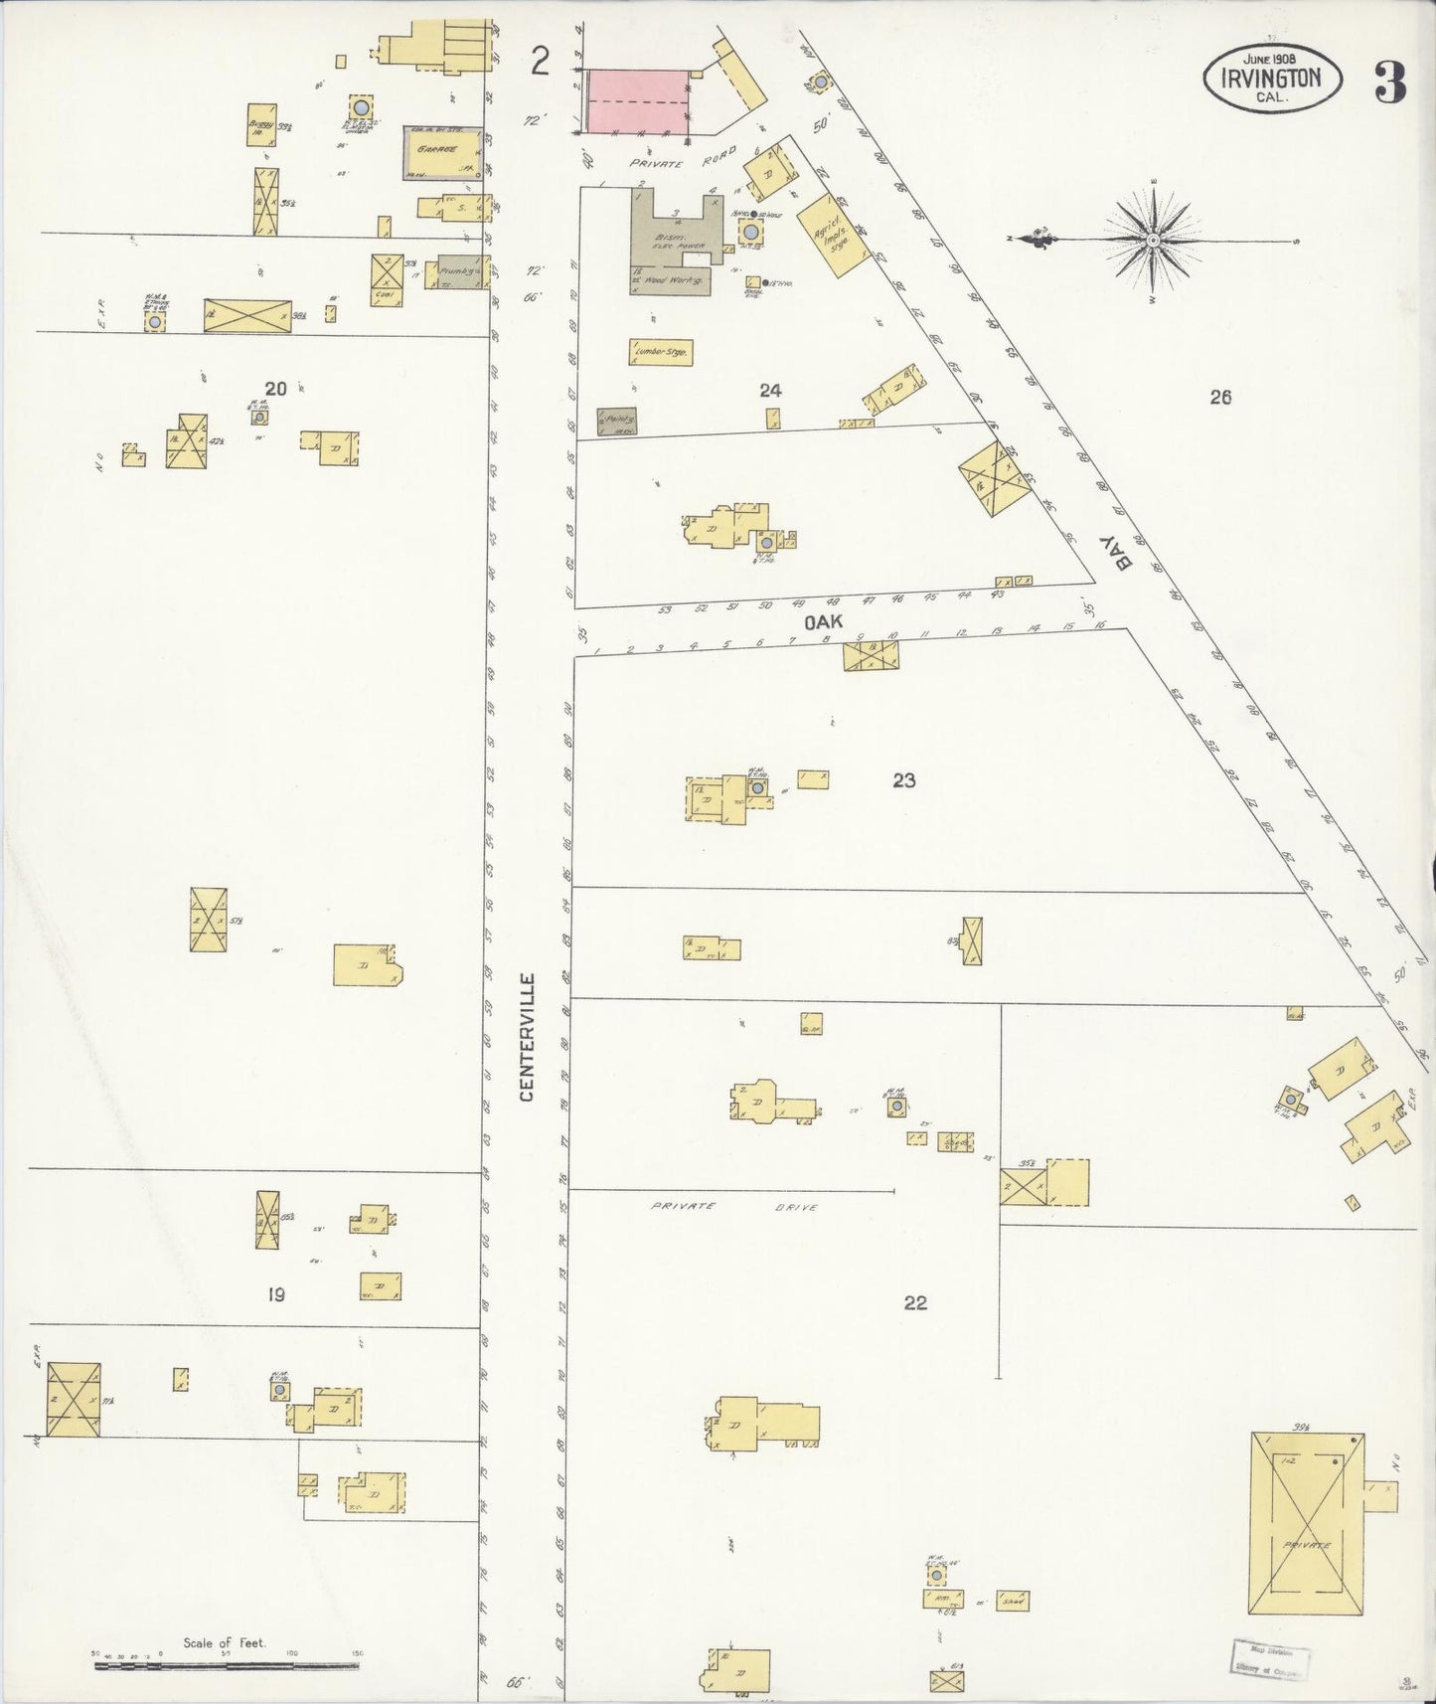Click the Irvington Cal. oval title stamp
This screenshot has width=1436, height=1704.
[x=1271, y=77]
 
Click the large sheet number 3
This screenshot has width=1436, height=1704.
[x=1390, y=83]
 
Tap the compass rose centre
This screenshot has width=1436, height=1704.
[x=1152, y=241]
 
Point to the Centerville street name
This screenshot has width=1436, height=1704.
[x=527, y=1037]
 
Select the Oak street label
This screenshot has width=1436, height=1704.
[x=823, y=621]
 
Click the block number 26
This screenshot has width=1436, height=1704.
[x=1220, y=398]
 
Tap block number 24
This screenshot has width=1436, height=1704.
[x=770, y=391]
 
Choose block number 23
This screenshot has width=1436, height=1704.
[x=903, y=780]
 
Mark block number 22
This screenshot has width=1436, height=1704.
[x=915, y=1302]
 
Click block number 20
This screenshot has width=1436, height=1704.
[x=275, y=389]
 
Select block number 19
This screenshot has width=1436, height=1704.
[x=276, y=1294]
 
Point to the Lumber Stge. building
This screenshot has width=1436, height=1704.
[x=660, y=352]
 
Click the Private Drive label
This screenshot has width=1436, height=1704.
[x=733, y=1207]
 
